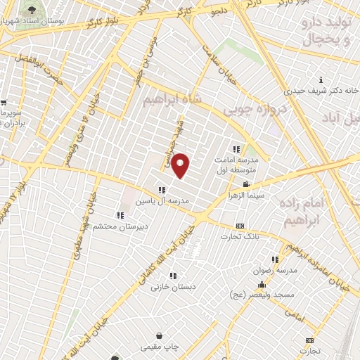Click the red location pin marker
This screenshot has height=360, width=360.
[181, 165]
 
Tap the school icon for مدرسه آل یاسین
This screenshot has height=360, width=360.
[162, 189]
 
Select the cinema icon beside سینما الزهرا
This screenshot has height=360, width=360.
[245, 184]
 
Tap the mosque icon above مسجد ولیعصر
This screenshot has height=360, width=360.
[262, 285]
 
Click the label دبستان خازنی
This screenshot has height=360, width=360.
[172, 287]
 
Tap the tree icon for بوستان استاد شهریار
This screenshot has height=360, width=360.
[32, 10]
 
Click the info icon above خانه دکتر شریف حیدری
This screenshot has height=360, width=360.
[321, 80]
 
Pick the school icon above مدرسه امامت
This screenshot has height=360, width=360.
[236, 149]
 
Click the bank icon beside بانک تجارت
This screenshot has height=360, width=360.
[240, 226]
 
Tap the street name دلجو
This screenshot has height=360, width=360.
[220, 11]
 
